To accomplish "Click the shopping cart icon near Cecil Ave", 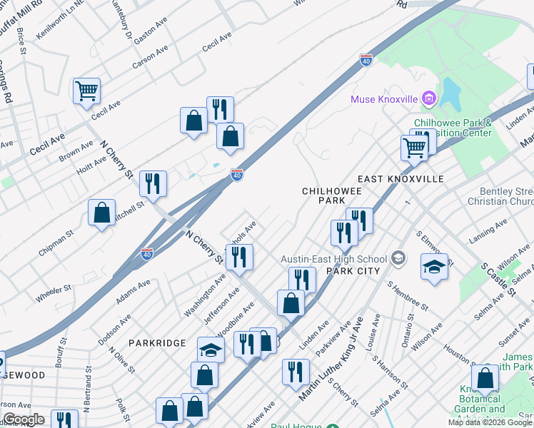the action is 86,91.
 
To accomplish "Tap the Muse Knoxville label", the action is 383,98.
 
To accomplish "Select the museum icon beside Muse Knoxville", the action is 428,98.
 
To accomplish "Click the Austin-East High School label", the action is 333,259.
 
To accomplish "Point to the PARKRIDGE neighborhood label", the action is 158,343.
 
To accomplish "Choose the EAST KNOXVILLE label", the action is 400,179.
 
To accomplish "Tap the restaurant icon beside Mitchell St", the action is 153,183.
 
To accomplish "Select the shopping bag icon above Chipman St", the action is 102,212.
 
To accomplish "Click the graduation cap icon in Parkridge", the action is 211,350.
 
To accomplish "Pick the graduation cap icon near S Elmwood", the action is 434,267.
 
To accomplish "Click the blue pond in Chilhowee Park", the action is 450,93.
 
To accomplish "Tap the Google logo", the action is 23,419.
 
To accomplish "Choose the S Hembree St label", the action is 407,296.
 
